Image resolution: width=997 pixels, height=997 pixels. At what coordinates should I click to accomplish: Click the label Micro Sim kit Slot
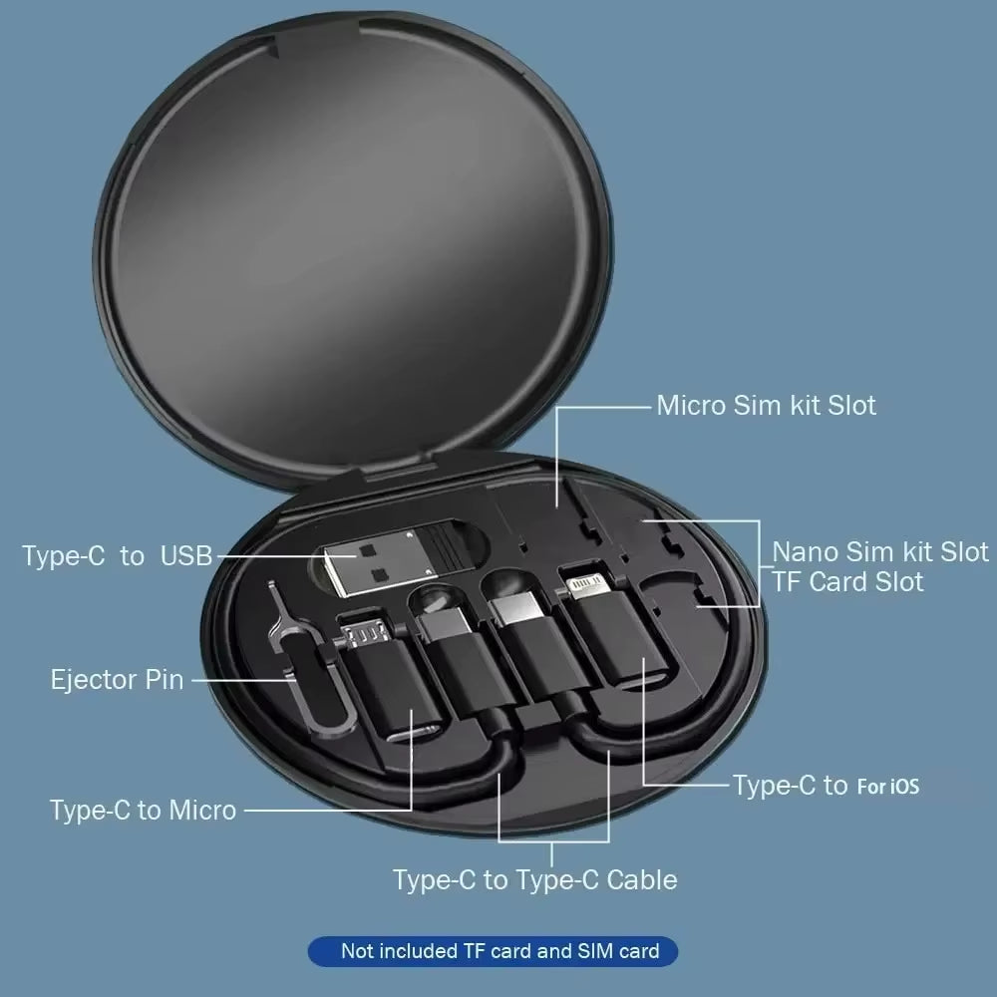click(766, 406)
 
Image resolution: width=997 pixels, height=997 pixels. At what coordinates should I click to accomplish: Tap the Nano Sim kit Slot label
click(880, 552)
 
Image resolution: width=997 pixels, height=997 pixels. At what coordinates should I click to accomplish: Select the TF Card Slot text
click(847, 581)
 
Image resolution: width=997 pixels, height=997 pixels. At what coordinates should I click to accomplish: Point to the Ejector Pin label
click(117, 680)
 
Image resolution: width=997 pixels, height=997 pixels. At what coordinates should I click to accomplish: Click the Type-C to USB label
click(118, 556)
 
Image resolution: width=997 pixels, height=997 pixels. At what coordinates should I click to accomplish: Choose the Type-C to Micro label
click(143, 810)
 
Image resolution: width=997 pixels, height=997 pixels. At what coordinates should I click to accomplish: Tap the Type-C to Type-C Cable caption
click(534, 879)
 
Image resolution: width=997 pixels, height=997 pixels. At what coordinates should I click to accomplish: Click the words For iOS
click(887, 787)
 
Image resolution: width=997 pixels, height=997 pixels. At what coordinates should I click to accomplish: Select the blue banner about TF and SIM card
click(498, 950)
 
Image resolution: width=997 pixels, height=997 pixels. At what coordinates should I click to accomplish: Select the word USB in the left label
click(186, 556)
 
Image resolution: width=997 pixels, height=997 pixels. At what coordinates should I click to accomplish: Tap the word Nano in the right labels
click(806, 552)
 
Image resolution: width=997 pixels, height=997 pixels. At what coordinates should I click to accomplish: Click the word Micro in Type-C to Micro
click(201, 810)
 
